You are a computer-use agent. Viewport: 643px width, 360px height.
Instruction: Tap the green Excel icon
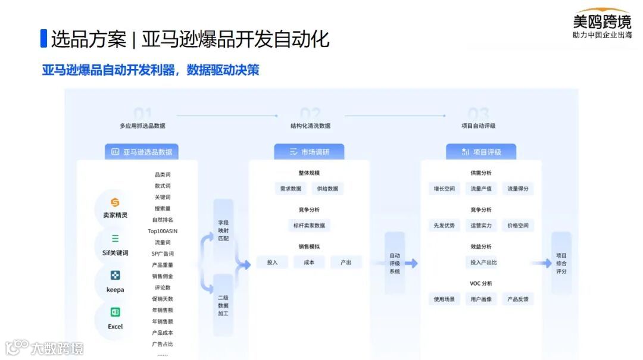click(115, 312)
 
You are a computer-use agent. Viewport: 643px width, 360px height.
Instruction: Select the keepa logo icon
click(115, 275)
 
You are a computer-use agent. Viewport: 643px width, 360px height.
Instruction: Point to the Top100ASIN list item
click(163, 231)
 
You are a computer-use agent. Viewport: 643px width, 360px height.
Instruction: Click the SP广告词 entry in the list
click(163, 253)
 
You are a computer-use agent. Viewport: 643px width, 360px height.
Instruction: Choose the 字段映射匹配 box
click(223, 230)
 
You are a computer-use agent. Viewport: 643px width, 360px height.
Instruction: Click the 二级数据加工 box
click(223, 305)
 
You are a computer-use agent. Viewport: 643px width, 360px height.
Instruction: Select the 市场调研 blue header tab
click(309, 152)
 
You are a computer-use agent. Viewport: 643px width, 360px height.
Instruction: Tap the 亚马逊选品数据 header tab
click(142, 152)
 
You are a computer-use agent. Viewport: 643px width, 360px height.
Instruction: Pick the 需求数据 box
click(291, 189)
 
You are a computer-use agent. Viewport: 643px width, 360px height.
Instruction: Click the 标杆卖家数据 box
click(308, 226)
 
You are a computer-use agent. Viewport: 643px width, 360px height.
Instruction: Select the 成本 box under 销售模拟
click(309, 262)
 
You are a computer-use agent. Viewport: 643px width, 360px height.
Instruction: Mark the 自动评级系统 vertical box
click(394, 263)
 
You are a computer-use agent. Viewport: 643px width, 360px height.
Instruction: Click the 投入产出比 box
click(483, 262)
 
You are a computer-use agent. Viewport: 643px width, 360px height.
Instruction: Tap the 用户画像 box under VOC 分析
click(481, 299)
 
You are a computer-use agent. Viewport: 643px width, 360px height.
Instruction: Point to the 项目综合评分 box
click(561, 263)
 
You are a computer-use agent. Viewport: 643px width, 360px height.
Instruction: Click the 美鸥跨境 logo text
click(601, 21)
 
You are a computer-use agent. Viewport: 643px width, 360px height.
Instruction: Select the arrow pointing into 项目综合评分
click(542, 263)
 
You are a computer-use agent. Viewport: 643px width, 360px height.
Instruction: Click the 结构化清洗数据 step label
click(310, 126)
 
